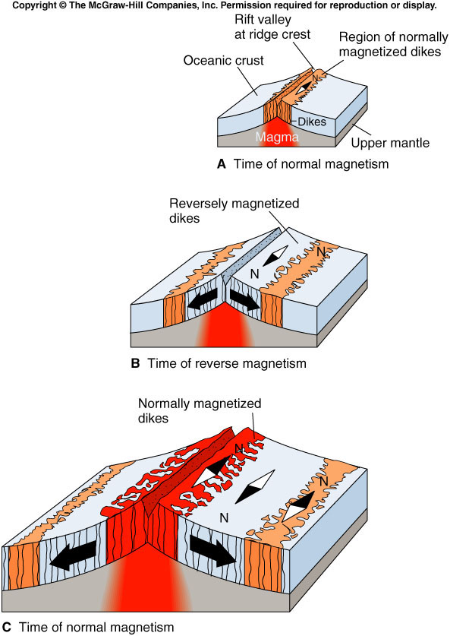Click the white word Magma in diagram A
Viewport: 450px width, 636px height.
(277, 137)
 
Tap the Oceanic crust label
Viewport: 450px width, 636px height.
(224, 61)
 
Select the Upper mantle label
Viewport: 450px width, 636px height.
(390, 143)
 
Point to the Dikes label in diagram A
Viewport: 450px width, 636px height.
(312, 122)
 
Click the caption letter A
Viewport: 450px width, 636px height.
(221, 164)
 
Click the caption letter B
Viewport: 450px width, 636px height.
(135, 363)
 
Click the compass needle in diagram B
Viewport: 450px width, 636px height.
(275, 255)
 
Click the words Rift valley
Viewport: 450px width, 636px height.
(263, 20)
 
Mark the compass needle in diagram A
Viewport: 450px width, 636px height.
(304, 88)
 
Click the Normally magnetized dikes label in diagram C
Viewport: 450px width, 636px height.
(200, 411)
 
